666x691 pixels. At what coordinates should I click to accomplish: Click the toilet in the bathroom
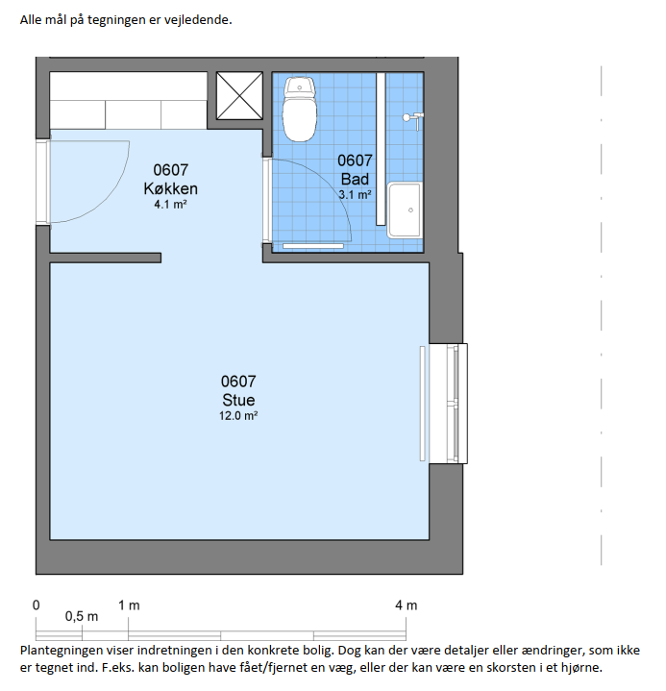pyautogui.click(x=300, y=109)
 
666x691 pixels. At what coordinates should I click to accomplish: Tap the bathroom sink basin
pyautogui.click(x=405, y=210)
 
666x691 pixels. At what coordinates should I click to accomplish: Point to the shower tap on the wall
pyautogui.click(x=413, y=120)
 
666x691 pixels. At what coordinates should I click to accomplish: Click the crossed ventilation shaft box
pyautogui.click(x=239, y=96)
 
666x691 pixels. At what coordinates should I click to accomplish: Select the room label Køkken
pyautogui.click(x=170, y=188)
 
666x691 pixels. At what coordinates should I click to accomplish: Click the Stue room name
pyautogui.click(x=238, y=400)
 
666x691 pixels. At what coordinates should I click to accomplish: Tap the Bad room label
pyautogui.click(x=355, y=180)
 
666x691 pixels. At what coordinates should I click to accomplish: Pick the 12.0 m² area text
pyautogui.click(x=238, y=415)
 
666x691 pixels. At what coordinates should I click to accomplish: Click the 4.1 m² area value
pyautogui.click(x=170, y=205)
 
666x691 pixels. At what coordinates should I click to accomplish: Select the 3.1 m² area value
pyautogui.click(x=355, y=194)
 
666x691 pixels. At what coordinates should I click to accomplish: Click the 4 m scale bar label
pyautogui.click(x=406, y=605)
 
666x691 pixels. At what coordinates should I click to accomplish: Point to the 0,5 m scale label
pyautogui.click(x=82, y=616)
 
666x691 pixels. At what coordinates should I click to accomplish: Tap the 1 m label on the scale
pyautogui.click(x=129, y=605)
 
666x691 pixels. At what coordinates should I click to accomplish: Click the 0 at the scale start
pyautogui.click(x=37, y=605)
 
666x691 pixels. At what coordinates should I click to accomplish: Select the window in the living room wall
pyautogui.click(x=448, y=404)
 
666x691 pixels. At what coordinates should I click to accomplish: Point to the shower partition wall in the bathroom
pyautogui.click(x=381, y=149)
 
